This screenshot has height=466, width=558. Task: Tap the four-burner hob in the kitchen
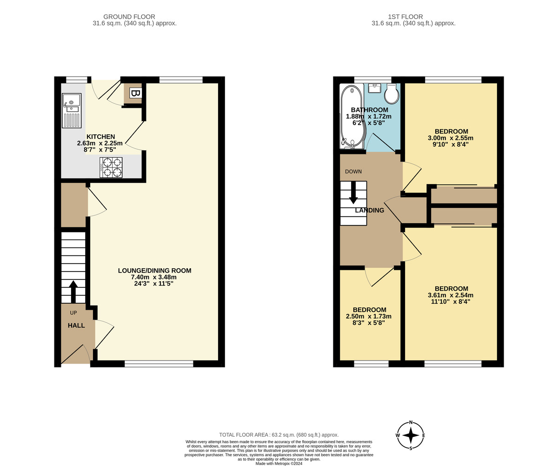[111, 167]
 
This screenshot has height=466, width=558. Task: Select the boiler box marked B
[135, 93]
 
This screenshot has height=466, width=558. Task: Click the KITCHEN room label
[100, 137]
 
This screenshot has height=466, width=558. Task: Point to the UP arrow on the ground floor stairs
[73, 292]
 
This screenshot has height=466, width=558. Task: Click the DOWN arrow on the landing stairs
[353, 192]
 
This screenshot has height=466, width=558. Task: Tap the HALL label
[76, 326]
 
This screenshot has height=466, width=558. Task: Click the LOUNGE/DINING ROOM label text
[154, 271]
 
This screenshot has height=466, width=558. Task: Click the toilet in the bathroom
[392, 94]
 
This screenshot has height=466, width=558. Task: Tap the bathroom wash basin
[374, 88]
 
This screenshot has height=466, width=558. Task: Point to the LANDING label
[370, 210]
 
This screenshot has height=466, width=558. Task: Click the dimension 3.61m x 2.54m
[450, 295]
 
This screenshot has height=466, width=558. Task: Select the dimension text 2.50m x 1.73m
[369, 316]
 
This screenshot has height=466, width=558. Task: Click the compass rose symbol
[411, 435]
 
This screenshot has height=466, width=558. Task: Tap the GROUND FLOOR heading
[129, 17]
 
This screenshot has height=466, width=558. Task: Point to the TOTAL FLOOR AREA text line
[279, 435]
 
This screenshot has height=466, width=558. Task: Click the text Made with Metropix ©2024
[279, 463]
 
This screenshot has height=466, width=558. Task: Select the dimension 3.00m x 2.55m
[450, 138]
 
